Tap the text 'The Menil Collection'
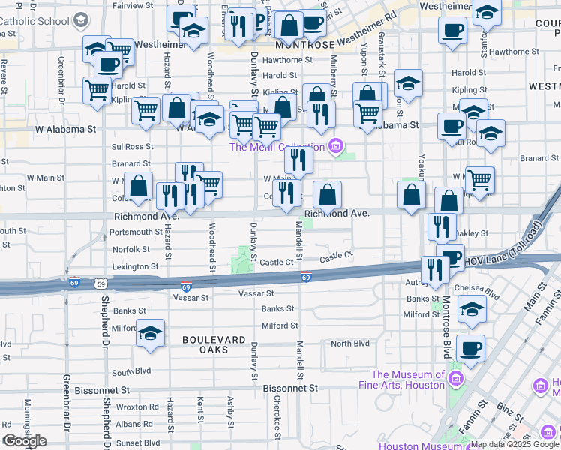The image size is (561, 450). click(x=277, y=146)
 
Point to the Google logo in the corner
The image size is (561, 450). click(x=25, y=441)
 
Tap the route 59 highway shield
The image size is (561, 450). click(x=100, y=283)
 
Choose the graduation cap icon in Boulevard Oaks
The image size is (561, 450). click(x=150, y=331)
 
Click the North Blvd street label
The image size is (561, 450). click(x=350, y=343)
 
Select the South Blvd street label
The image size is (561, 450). click(x=131, y=371)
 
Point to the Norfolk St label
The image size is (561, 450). click(x=131, y=249)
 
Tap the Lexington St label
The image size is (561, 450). click(x=135, y=266)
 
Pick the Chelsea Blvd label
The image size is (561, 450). click(x=481, y=287)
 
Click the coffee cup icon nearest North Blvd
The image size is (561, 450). click(x=470, y=347)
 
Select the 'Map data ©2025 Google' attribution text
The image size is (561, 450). click(x=514, y=444)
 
